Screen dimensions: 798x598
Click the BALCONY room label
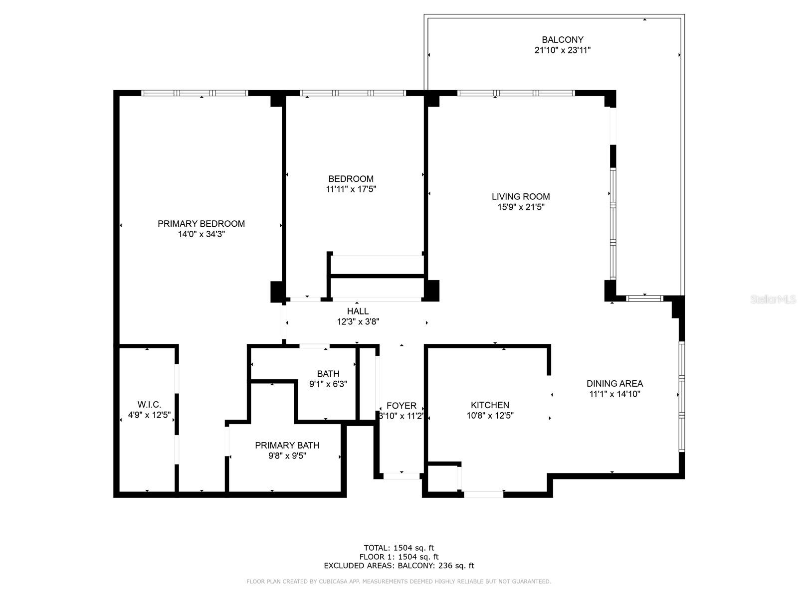click(x=562, y=39)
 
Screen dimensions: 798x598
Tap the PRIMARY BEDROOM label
click(x=201, y=224)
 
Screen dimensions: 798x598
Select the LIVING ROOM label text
click(x=521, y=196)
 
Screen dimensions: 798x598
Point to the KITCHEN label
click(x=490, y=405)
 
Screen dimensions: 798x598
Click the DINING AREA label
click(x=614, y=383)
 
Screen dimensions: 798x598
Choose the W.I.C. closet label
click(x=149, y=405)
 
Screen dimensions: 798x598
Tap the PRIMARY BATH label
click(x=287, y=445)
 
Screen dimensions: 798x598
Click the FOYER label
click(x=401, y=406)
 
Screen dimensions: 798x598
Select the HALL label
click(x=358, y=311)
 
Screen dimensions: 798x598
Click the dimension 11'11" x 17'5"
click(x=351, y=189)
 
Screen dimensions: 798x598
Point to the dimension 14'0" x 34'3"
click(x=201, y=234)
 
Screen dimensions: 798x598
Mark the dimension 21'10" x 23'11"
click(x=562, y=50)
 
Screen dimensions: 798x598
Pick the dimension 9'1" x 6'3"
click(x=328, y=384)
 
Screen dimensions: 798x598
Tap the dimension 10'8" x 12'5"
click(x=490, y=416)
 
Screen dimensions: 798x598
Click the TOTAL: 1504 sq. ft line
click(x=399, y=548)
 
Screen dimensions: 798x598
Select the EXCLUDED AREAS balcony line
click(x=399, y=565)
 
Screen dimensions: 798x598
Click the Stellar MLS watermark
click(x=773, y=299)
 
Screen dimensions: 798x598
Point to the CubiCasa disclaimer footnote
click(x=399, y=582)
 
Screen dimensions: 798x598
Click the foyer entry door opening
click(x=401, y=476)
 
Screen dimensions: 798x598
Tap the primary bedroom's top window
click(x=195, y=93)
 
